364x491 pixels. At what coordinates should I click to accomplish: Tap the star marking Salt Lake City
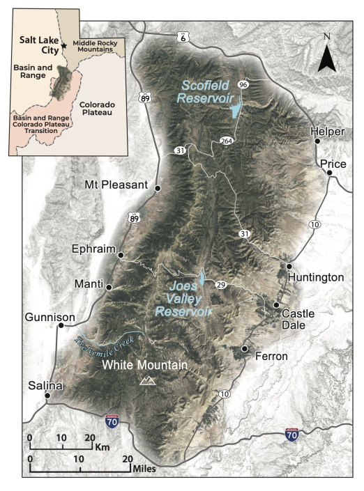pyautogui.click(x=63, y=45)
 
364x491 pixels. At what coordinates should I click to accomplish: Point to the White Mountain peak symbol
pyautogui.click(x=147, y=380)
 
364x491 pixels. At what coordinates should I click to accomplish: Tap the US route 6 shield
pyautogui.click(x=183, y=36)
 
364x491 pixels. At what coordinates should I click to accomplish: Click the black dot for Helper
pyautogui.click(x=317, y=141)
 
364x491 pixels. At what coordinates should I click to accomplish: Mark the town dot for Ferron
pyautogui.click(x=245, y=348)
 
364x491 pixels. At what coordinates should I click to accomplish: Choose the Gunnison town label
pyautogui.click(x=49, y=317)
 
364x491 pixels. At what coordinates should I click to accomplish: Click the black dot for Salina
pyautogui.click(x=48, y=396)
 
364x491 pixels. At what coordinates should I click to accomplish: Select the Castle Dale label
pyautogui.click(x=298, y=319)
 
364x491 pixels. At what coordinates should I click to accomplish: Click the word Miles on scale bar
pyautogui.click(x=142, y=469)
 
